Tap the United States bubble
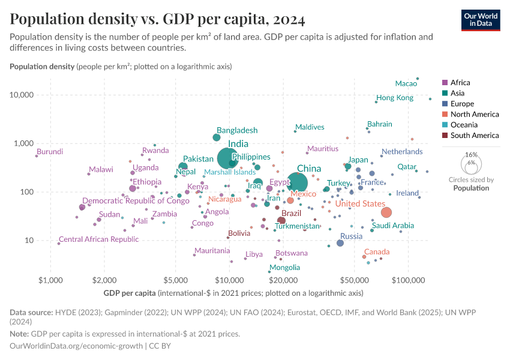pos(386,212)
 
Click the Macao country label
pos(406,83)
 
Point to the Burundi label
pos(50,152)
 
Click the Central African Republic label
pos(98,239)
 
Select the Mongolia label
pos(285,268)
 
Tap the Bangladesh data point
pos(217,137)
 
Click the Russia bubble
pos(340,243)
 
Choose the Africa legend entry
pos(460,83)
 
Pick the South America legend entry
pos(470,136)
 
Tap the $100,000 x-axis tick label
pos(409,280)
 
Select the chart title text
pos(157,19)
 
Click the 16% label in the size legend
pos(471,155)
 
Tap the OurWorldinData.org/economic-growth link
pos(76,346)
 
